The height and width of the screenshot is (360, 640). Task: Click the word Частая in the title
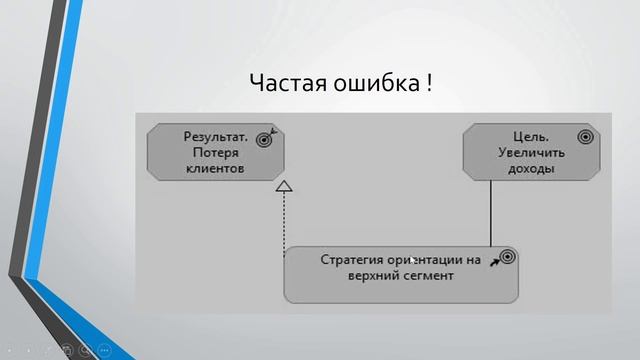283,83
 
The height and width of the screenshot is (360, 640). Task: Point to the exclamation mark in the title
428,83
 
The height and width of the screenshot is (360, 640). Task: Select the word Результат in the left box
215,136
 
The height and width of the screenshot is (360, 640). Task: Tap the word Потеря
214,153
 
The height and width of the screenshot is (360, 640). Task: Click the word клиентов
215,169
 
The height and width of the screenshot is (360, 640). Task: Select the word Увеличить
530,153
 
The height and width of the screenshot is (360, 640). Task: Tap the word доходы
530,169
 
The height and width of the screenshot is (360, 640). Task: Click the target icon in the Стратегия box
507,257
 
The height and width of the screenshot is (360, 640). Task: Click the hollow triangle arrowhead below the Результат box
284,186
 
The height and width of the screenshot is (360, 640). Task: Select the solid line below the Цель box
491,215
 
